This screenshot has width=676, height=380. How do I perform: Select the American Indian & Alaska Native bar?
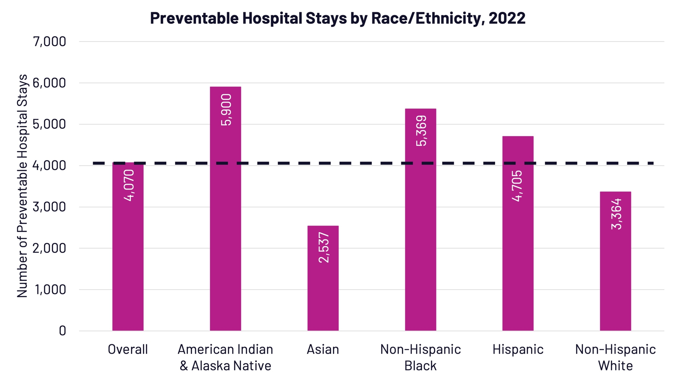225,220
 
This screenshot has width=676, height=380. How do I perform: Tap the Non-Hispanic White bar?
615,270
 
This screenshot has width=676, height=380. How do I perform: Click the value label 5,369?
421,131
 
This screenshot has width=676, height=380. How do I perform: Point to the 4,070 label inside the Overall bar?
129,185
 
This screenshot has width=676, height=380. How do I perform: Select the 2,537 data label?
323,247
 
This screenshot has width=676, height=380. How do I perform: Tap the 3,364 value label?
616,214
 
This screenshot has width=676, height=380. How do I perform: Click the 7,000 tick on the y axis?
49,42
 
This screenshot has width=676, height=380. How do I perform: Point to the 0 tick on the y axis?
63,331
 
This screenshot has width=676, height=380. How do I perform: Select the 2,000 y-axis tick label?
49,248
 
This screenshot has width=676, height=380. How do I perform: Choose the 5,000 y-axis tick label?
49,124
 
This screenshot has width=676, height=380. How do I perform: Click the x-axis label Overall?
128,350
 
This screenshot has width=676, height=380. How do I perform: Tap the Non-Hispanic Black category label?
420,357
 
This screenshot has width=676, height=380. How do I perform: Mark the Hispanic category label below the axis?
518,350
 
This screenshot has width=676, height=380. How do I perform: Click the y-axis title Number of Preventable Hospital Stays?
22,186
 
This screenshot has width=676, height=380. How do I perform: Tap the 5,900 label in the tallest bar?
226,110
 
